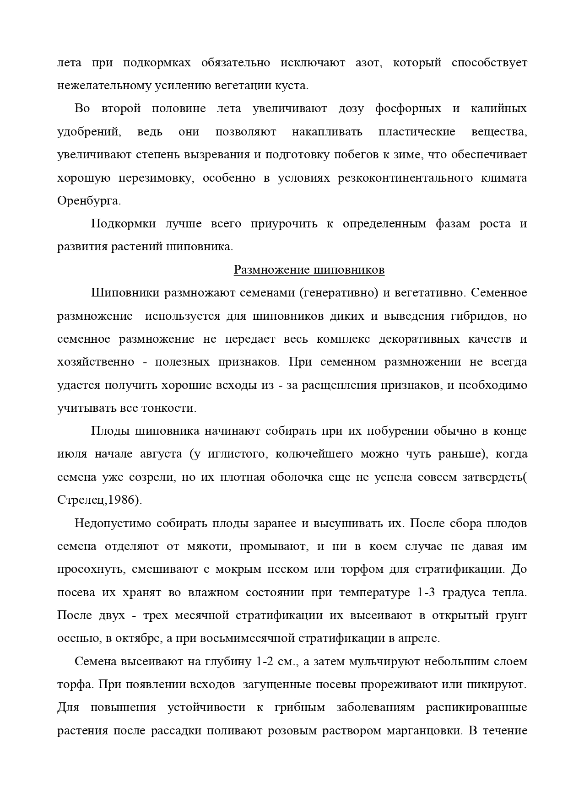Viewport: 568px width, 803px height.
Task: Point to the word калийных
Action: [x=498, y=109]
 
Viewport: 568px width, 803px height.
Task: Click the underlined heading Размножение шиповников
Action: [x=309, y=270]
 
